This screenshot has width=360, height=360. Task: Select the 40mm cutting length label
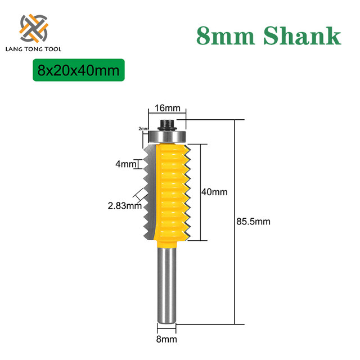(214, 192)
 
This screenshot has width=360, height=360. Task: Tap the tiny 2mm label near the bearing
(142, 128)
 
